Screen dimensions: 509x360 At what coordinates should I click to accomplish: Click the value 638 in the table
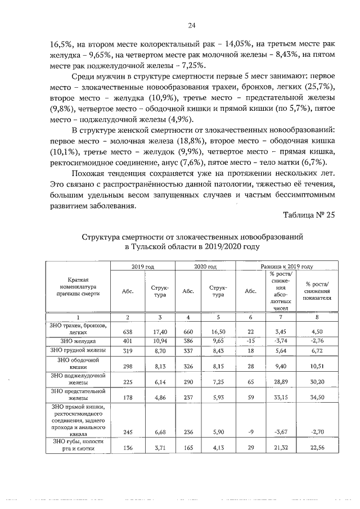click(x=128, y=332)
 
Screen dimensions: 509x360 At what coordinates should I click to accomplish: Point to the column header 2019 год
click(x=142, y=266)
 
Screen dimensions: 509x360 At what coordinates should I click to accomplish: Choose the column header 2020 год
click(x=206, y=266)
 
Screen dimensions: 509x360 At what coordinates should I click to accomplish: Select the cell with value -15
click(x=250, y=341)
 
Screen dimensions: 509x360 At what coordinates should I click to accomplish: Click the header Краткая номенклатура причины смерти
click(x=78, y=287)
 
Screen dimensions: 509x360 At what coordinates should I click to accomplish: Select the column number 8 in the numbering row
click(x=318, y=318)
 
